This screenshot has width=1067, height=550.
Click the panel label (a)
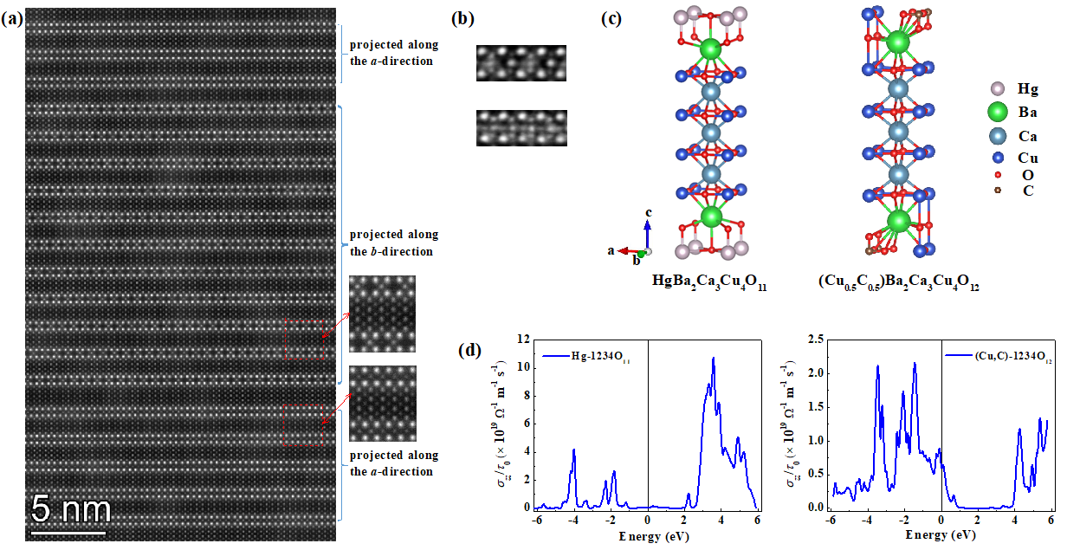[x=12, y=19]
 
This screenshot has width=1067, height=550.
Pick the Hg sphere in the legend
[x=997, y=88]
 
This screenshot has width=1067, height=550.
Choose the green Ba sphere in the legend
[x=997, y=112]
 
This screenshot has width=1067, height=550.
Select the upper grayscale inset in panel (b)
[x=521, y=64]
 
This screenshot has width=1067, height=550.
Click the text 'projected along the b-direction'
[x=393, y=243]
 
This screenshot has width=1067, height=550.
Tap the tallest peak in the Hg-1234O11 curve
[x=714, y=358]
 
